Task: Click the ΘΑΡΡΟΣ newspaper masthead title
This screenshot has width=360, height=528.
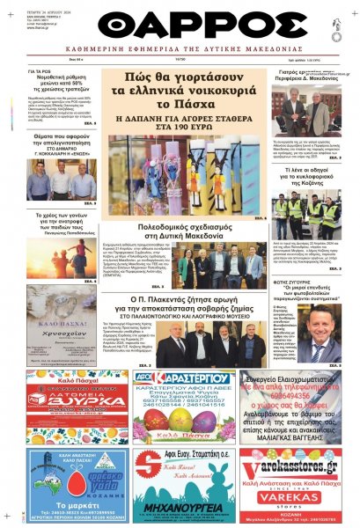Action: click(180, 22)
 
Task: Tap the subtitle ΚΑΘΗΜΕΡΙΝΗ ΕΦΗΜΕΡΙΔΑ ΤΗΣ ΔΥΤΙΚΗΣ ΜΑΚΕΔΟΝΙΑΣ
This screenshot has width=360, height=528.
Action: click(180, 51)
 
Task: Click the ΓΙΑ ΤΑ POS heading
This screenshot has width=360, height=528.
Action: click(39, 70)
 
